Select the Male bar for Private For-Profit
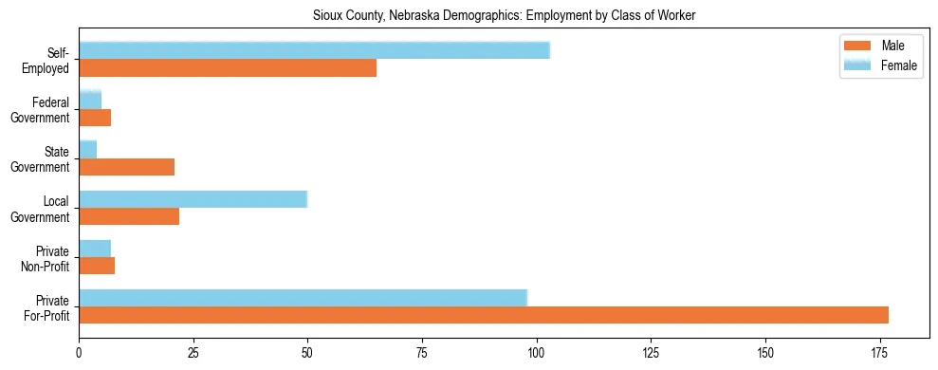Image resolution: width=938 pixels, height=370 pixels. tap(484, 315)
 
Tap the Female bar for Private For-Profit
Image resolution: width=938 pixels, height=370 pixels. tap(303, 298)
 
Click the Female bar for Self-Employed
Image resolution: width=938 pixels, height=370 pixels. tap(314, 51)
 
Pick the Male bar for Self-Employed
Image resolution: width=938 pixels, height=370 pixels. tap(228, 68)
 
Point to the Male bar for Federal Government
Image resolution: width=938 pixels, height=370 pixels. tap(95, 118)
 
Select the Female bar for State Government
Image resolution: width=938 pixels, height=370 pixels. tap(88, 150)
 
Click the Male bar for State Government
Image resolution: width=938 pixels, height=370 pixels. tap(127, 167)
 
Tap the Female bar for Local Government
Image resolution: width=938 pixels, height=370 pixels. tap(193, 199)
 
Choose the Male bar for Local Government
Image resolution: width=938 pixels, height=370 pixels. tap(129, 216)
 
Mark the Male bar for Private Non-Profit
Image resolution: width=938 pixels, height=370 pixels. tap(97, 266)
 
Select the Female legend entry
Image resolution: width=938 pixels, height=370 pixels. tap(878, 65)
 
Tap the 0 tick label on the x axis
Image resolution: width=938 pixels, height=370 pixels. tap(79, 354)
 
